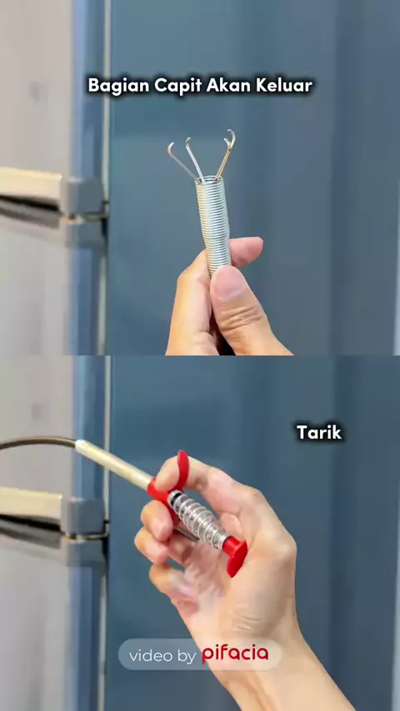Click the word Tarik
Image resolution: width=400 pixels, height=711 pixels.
319,432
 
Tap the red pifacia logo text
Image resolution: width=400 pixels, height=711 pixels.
235,654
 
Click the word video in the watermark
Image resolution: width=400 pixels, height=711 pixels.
151,656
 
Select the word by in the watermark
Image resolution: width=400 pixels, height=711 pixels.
187,657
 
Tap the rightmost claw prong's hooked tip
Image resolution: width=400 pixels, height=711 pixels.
231,135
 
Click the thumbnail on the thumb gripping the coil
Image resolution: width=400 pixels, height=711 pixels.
226,283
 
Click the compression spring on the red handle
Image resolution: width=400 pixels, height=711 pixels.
198,520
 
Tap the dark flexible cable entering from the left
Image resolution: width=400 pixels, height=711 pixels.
37,443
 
